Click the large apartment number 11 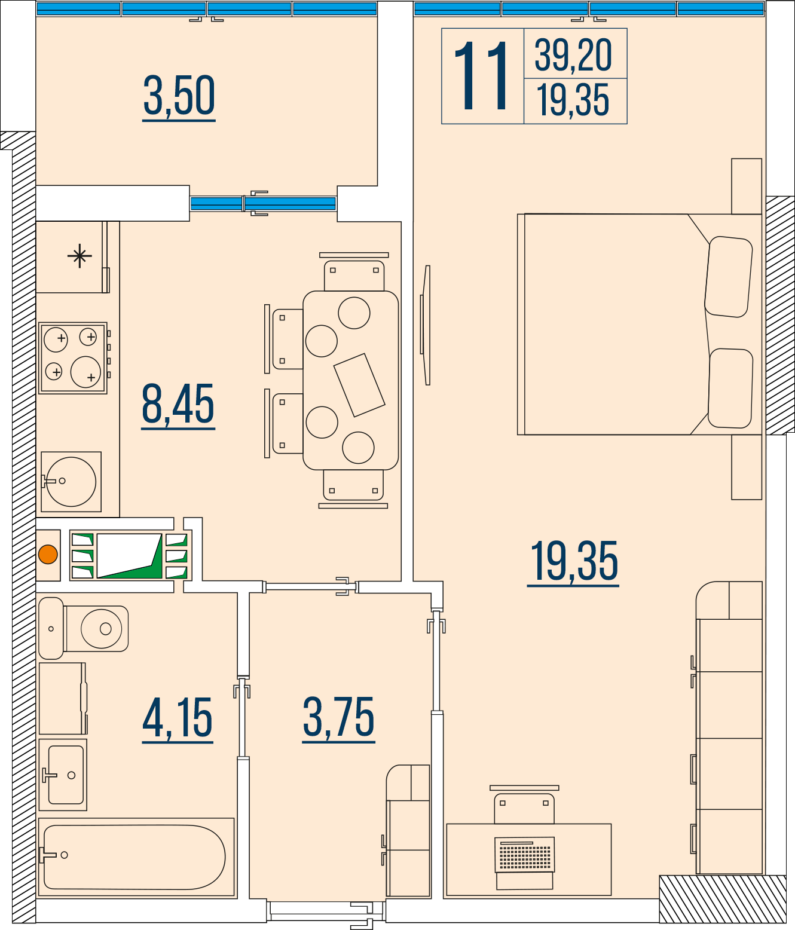pyautogui.click(x=481, y=75)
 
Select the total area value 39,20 pyautogui.click(x=573, y=55)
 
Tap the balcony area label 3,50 pyautogui.click(x=179, y=96)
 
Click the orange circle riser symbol pyautogui.click(x=48, y=554)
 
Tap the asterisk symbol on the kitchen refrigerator pyautogui.click(x=79, y=256)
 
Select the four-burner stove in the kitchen pyautogui.click(x=73, y=358)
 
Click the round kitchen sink pyautogui.click(x=71, y=482)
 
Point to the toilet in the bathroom pyautogui.click(x=83, y=629)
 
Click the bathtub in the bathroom pyautogui.click(x=136, y=857)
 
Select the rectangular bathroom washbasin pyautogui.click(x=63, y=775)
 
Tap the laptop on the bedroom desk pyautogui.click(x=525, y=863)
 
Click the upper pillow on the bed pyautogui.click(x=729, y=277)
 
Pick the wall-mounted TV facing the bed pyautogui.click(x=425, y=325)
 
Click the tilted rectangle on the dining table pyautogui.click(x=359, y=385)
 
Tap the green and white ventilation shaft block pyautogui.click(x=130, y=555)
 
